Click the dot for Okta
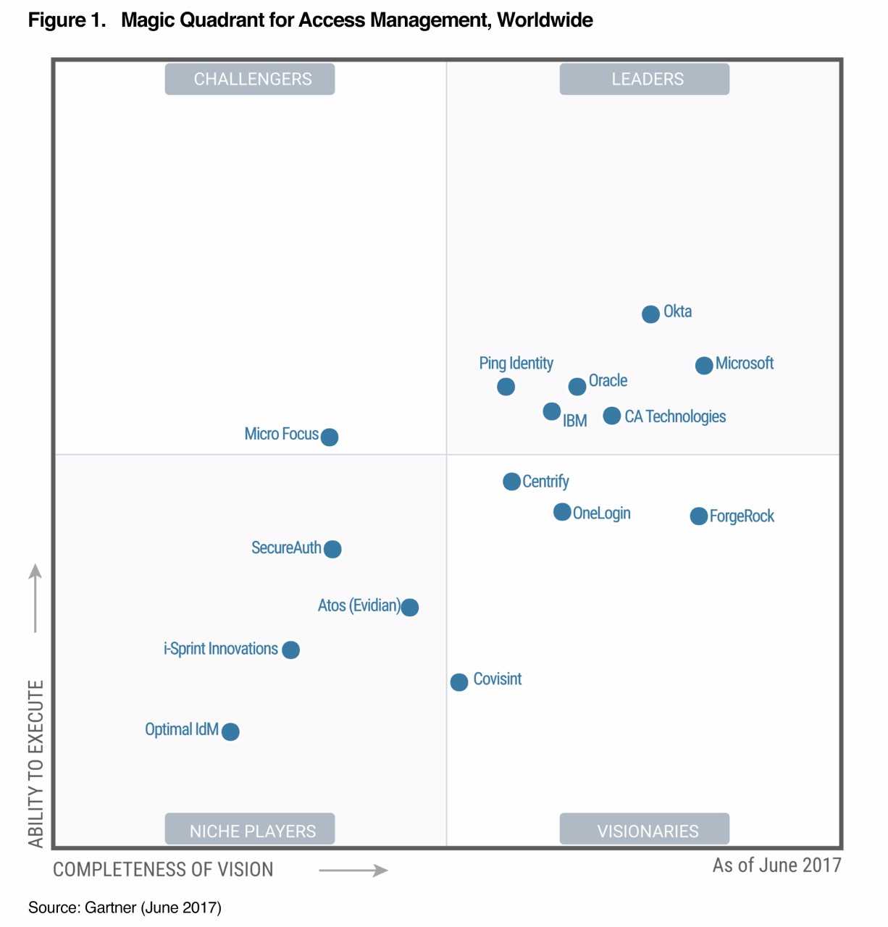pyautogui.click(x=650, y=314)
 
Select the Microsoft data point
pyautogui.click(x=703, y=366)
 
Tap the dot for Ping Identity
pyautogui.click(x=506, y=387)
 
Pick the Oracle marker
pyautogui.click(x=577, y=387)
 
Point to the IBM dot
pyautogui.click(x=551, y=411)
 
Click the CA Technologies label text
pyautogui.click(x=675, y=416)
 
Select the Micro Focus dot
pyautogui.click(x=329, y=437)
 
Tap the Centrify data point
pyautogui.click(x=511, y=482)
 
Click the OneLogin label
pyautogui.click(x=601, y=513)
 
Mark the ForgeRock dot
pyautogui.click(x=698, y=516)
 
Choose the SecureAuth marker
pyautogui.click(x=332, y=549)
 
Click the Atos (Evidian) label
pyautogui.click(x=359, y=605)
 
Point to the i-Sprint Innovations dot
pyautogui.click(x=290, y=650)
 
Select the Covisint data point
pyautogui.click(x=458, y=682)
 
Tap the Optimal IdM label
pyautogui.click(x=182, y=729)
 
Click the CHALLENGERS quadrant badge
pyautogui.click(x=250, y=79)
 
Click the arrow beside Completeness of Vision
pyautogui.click(x=353, y=870)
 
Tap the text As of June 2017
pyautogui.click(x=776, y=865)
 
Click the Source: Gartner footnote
pyautogui.click(x=125, y=907)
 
